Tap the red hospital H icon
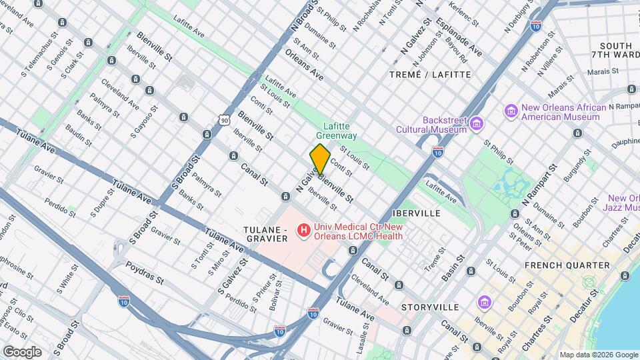point(304,231)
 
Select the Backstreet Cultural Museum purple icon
point(477,123)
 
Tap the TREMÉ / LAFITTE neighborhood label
point(429,75)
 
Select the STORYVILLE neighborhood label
point(430,307)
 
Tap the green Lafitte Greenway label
point(340,130)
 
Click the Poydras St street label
point(145,272)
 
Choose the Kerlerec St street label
point(464,13)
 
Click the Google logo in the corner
point(22,351)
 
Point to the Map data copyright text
point(598,355)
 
